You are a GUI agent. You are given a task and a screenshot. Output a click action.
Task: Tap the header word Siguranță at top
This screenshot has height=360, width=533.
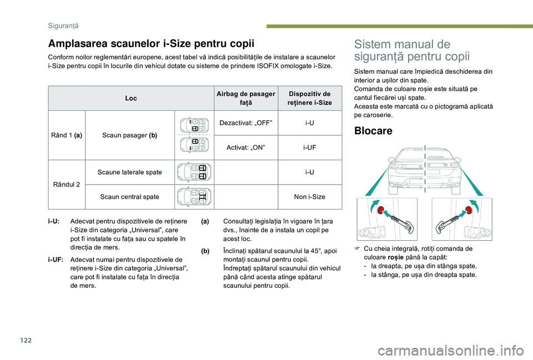pyautogui.click(x=61, y=26)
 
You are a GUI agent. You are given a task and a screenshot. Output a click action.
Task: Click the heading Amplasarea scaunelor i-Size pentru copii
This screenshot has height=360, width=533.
pyautogui.click(x=152, y=44)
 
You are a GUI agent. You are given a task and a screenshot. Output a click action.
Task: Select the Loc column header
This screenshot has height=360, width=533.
pyautogui.click(x=131, y=98)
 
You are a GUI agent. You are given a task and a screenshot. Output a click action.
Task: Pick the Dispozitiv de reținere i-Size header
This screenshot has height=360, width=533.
pyautogui.click(x=311, y=98)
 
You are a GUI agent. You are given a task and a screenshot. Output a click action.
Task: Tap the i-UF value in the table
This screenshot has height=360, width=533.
pyautogui.click(x=311, y=148)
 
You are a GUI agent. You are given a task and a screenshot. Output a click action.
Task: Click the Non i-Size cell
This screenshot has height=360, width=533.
pyautogui.click(x=311, y=197)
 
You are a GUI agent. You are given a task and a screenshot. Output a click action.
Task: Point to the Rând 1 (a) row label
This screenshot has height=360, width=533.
pyautogui.click(x=66, y=135)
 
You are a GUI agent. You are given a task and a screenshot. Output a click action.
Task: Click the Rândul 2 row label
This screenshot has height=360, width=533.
pyautogui.click(x=66, y=184)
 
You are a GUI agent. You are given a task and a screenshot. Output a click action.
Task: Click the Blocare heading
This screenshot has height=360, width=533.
pyautogui.click(x=373, y=131)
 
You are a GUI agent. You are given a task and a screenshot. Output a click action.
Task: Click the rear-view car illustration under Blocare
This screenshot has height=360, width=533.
pyautogui.click(x=425, y=169)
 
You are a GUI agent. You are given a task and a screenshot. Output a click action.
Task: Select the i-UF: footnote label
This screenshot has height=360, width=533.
pyautogui.click(x=56, y=259)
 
